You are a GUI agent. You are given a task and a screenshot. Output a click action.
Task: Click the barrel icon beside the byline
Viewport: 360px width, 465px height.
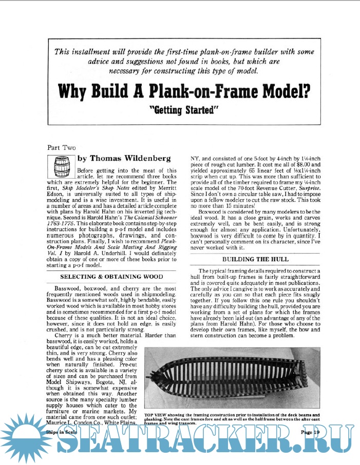point(61,166)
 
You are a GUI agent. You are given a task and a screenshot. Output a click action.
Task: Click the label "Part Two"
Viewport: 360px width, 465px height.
point(61,147)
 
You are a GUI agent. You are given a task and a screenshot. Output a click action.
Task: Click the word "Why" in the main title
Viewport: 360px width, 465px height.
point(75,91)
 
